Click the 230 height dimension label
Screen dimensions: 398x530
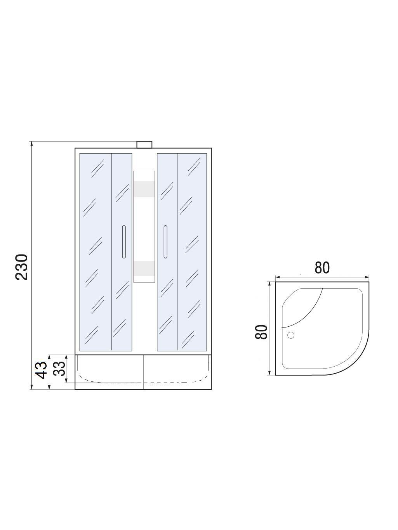[22, 267]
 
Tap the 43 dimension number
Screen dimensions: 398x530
[41, 370]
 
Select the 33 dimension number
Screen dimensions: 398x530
[59, 369]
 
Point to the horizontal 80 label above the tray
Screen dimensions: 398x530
[322, 268]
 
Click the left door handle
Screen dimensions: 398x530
[124, 242]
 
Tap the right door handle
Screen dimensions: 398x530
[165, 242]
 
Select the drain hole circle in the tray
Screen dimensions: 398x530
[291, 335]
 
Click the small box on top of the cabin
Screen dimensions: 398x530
[144, 145]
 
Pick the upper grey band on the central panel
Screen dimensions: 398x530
[144, 189]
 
